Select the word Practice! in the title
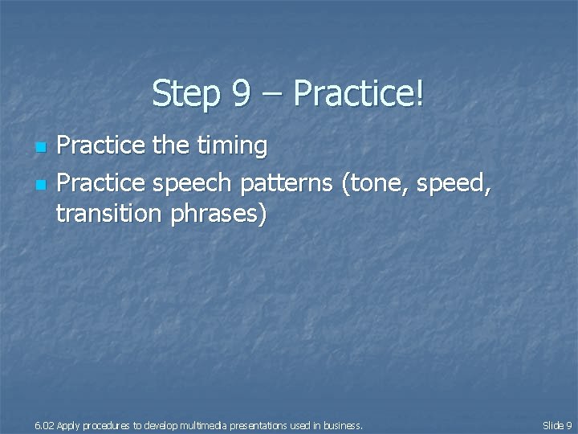359,94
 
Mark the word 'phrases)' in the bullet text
217,215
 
